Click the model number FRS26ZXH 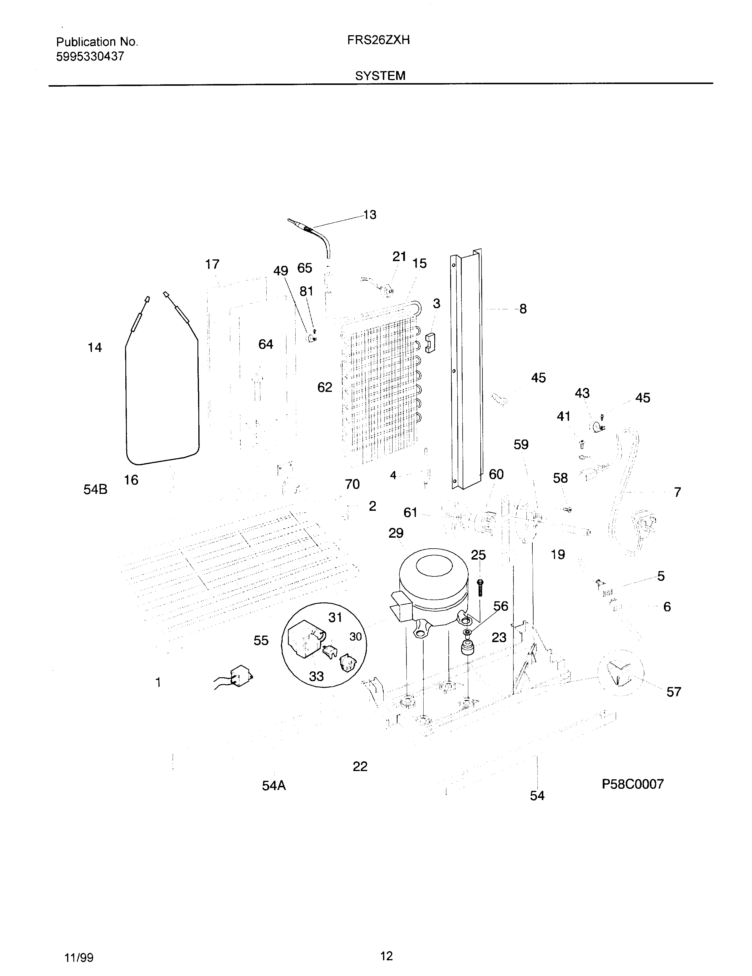tap(378, 41)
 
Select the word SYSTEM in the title tap(380, 76)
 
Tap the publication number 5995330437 tap(90, 57)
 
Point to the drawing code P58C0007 tap(632, 784)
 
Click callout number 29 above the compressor tap(396, 533)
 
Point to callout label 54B tap(95, 490)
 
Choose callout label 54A tap(274, 786)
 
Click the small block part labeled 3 tap(430, 342)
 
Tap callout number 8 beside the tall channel tap(523, 309)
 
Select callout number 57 tap(673, 692)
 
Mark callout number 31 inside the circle tap(335, 617)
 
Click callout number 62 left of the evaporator tap(325, 387)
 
